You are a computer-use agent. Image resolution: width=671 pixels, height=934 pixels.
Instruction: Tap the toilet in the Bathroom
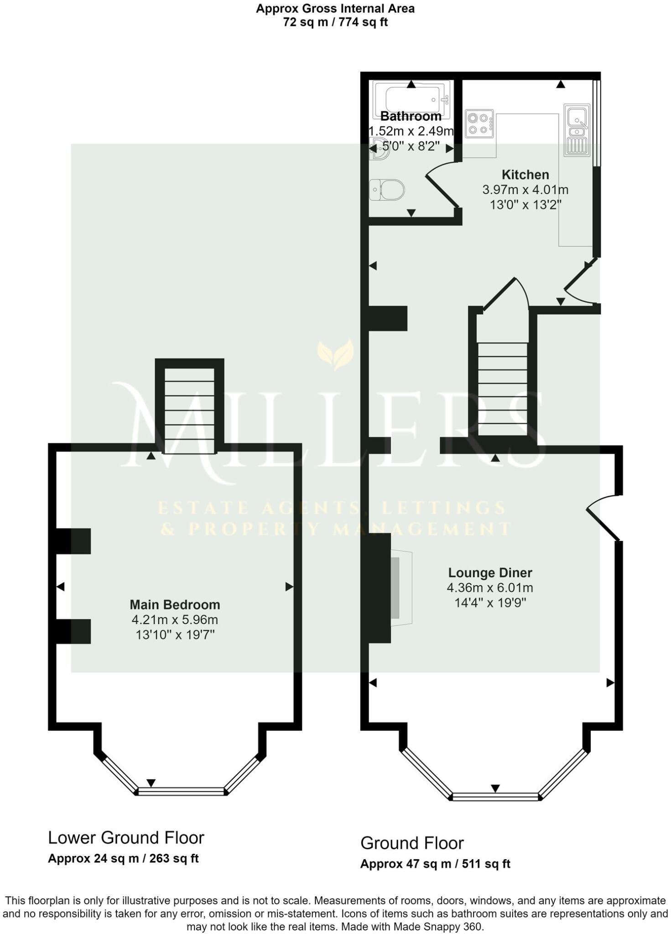(387, 190)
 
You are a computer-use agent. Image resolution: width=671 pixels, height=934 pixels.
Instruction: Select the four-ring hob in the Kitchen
(479, 124)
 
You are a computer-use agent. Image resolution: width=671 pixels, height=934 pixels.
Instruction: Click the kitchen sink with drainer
(577, 130)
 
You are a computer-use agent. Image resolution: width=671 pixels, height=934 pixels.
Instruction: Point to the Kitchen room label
(525, 175)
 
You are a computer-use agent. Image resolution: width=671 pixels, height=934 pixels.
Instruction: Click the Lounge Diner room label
(490, 572)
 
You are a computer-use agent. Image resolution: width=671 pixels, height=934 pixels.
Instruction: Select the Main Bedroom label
(175, 604)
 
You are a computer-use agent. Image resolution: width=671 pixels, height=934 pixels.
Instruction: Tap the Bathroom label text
(411, 116)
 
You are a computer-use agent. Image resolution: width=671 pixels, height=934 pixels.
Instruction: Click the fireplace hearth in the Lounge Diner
(401, 588)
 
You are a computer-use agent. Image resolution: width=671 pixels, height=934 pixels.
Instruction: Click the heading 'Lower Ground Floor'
(126, 838)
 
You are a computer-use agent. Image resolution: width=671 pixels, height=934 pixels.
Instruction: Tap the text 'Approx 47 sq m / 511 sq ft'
(435, 863)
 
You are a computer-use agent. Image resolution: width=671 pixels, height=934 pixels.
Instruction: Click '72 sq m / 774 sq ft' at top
(335, 22)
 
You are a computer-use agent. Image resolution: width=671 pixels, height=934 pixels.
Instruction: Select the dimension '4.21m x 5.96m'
(175, 620)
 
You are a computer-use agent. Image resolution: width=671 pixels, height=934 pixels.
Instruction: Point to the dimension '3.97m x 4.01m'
(525, 190)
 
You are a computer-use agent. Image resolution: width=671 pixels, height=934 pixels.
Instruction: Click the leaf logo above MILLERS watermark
(336, 354)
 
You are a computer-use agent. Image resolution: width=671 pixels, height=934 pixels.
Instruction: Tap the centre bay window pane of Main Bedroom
(182, 792)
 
